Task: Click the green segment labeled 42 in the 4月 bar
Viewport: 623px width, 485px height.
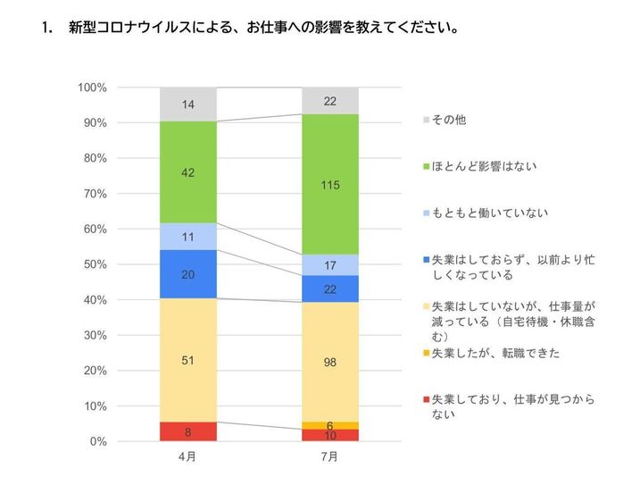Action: point(187,172)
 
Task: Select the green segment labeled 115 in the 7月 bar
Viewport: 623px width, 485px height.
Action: point(329,184)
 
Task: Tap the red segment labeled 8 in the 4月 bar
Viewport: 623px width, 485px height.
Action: point(187,431)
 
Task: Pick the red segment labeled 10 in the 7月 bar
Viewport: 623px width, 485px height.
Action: point(329,435)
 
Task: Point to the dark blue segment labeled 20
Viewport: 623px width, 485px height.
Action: point(187,274)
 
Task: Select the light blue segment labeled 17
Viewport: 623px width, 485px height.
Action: point(329,264)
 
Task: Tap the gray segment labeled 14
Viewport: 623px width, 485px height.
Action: point(187,105)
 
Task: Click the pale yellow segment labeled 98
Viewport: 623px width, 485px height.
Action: point(329,361)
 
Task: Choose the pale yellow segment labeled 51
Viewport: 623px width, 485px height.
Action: point(187,360)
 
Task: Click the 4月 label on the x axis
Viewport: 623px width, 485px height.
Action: point(187,456)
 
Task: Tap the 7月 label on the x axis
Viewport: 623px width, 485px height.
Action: point(329,456)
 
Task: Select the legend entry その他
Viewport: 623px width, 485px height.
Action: point(448,119)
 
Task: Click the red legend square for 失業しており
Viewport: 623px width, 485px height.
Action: point(424,399)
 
